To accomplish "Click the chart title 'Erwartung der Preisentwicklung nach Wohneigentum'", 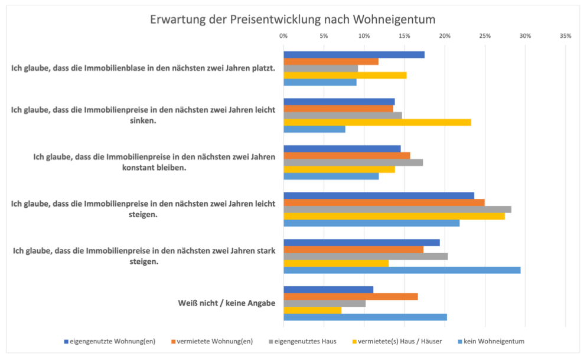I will pos(293,19).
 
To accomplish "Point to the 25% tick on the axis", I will pos(485,36).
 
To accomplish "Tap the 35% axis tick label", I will pos(565,36).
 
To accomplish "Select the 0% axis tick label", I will pos(283,36).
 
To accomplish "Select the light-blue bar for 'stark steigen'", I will pos(402,270).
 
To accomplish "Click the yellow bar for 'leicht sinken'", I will pos(377,122).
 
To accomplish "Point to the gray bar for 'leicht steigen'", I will pos(397,210).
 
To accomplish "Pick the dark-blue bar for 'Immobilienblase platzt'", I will pos(354,55).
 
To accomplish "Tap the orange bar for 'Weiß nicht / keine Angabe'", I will pos(350,296).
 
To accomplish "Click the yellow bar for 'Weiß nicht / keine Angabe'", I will pos(312,310).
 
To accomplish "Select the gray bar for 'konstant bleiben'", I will pos(353,162).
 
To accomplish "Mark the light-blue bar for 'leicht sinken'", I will pos(314,129).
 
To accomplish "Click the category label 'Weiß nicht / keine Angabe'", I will pos(227,303).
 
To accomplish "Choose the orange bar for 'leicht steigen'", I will pos(384,202).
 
